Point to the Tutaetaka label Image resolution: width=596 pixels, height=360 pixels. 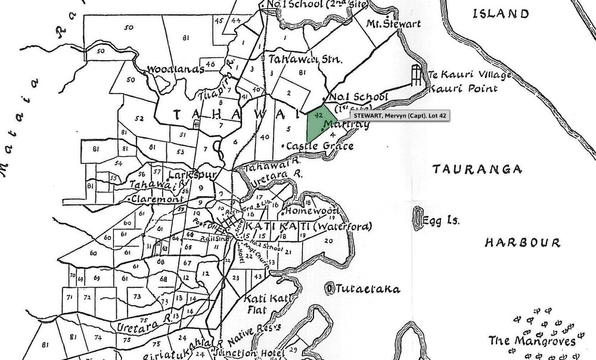click(367, 289)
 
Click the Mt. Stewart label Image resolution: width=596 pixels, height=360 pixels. click(393, 24)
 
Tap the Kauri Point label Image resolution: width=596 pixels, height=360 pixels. click(463, 89)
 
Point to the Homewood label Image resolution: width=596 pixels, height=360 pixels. click(312, 211)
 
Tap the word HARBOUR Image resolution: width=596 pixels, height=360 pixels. click(522, 243)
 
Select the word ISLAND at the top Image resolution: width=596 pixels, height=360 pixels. click(500, 14)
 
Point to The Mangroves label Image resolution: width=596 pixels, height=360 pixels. click(532, 342)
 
